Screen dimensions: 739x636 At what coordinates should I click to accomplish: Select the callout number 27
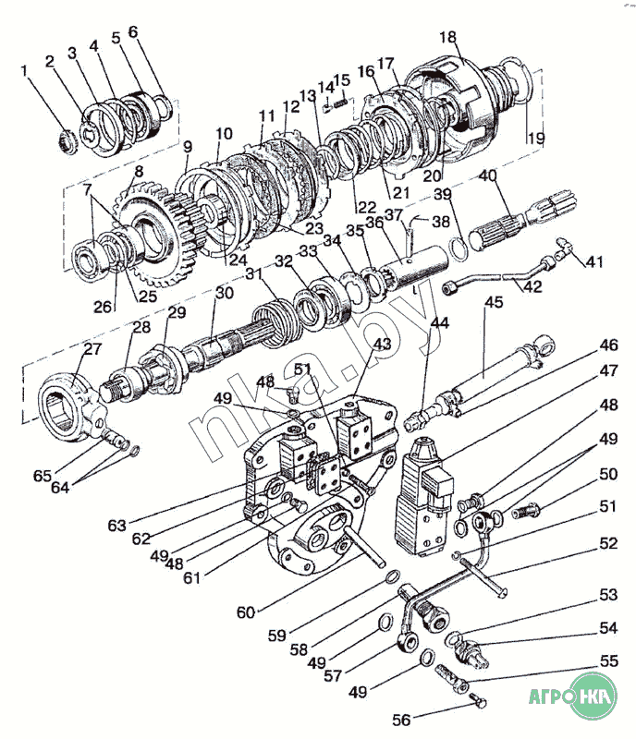(92, 348)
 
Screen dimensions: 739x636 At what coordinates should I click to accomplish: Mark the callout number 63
(116, 526)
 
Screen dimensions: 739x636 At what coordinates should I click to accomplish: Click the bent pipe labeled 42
(499, 275)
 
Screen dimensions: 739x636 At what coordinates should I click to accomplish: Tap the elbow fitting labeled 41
(565, 248)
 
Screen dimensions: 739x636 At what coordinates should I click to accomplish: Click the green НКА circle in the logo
(599, 696)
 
